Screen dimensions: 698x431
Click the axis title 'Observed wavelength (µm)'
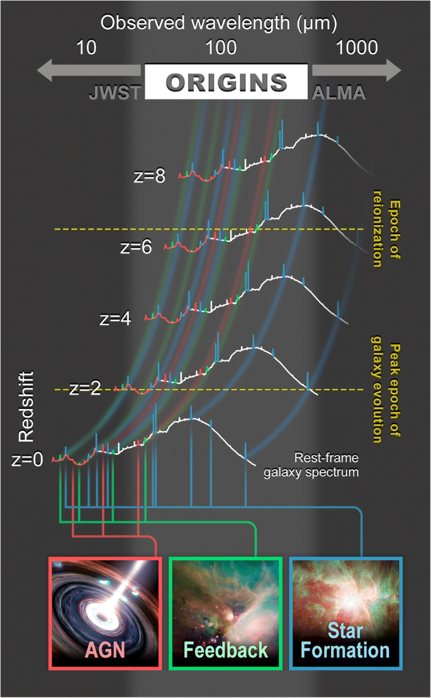pos(220,23)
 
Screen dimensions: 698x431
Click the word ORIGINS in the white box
pos(227,82)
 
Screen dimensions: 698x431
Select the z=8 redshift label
pos(150,176)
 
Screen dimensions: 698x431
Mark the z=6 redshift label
pos(136,247)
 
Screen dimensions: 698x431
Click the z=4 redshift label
pos(115,318)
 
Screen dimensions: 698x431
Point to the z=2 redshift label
pos(86,388)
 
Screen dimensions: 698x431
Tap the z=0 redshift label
pos(28,460)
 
